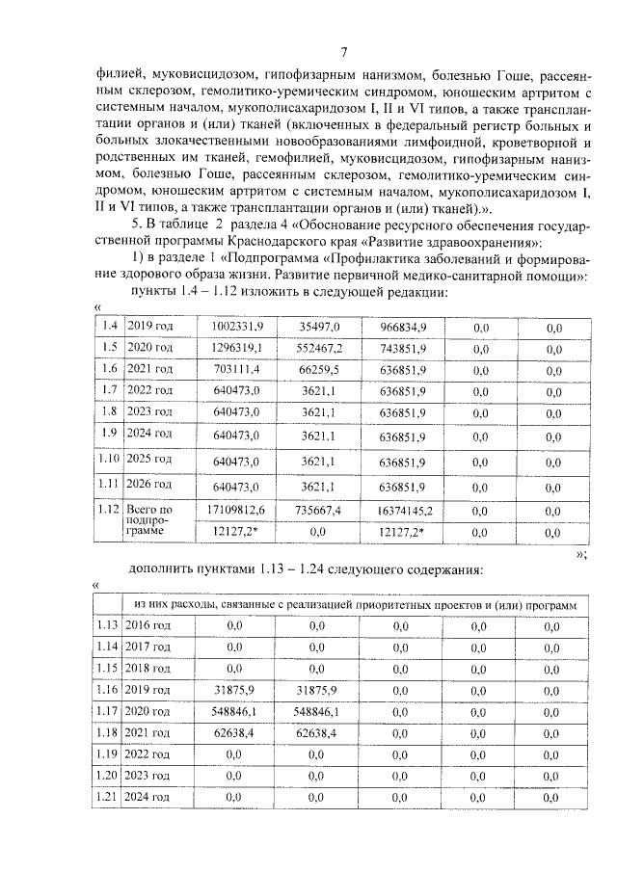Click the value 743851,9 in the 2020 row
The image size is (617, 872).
[403, 347]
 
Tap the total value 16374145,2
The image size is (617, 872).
[403, 509]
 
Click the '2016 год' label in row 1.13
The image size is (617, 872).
[148, 626]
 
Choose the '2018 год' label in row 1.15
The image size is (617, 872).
[148, 668]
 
